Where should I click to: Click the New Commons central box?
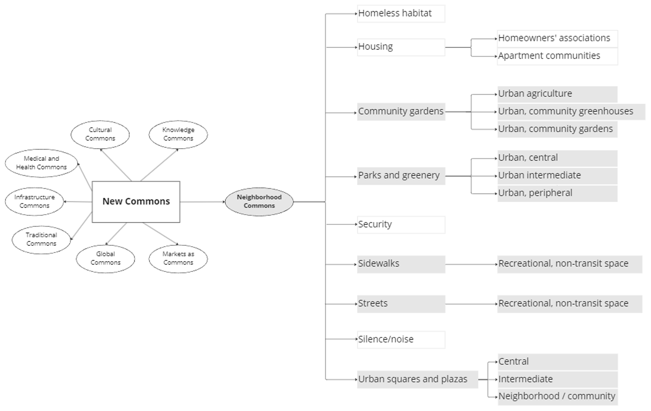[136, 201]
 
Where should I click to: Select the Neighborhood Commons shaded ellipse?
[259, 201]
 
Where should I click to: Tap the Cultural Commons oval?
[100, 134]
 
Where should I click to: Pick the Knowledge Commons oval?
[178, 134]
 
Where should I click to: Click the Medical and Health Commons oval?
[41, 162]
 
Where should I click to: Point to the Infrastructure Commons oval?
[34, 201]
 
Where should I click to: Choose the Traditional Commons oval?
[41, 239]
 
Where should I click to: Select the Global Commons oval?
[105, 258]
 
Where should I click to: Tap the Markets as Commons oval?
[178, 258]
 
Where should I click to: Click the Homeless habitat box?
[400, 14]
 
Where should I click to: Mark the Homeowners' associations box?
[557, 38]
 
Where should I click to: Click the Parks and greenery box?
[400, 175]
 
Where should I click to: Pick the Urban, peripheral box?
[557, 193]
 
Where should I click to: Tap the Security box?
[400, 224]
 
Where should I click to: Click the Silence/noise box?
[400, 340]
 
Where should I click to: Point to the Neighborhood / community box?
[557, 396]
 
